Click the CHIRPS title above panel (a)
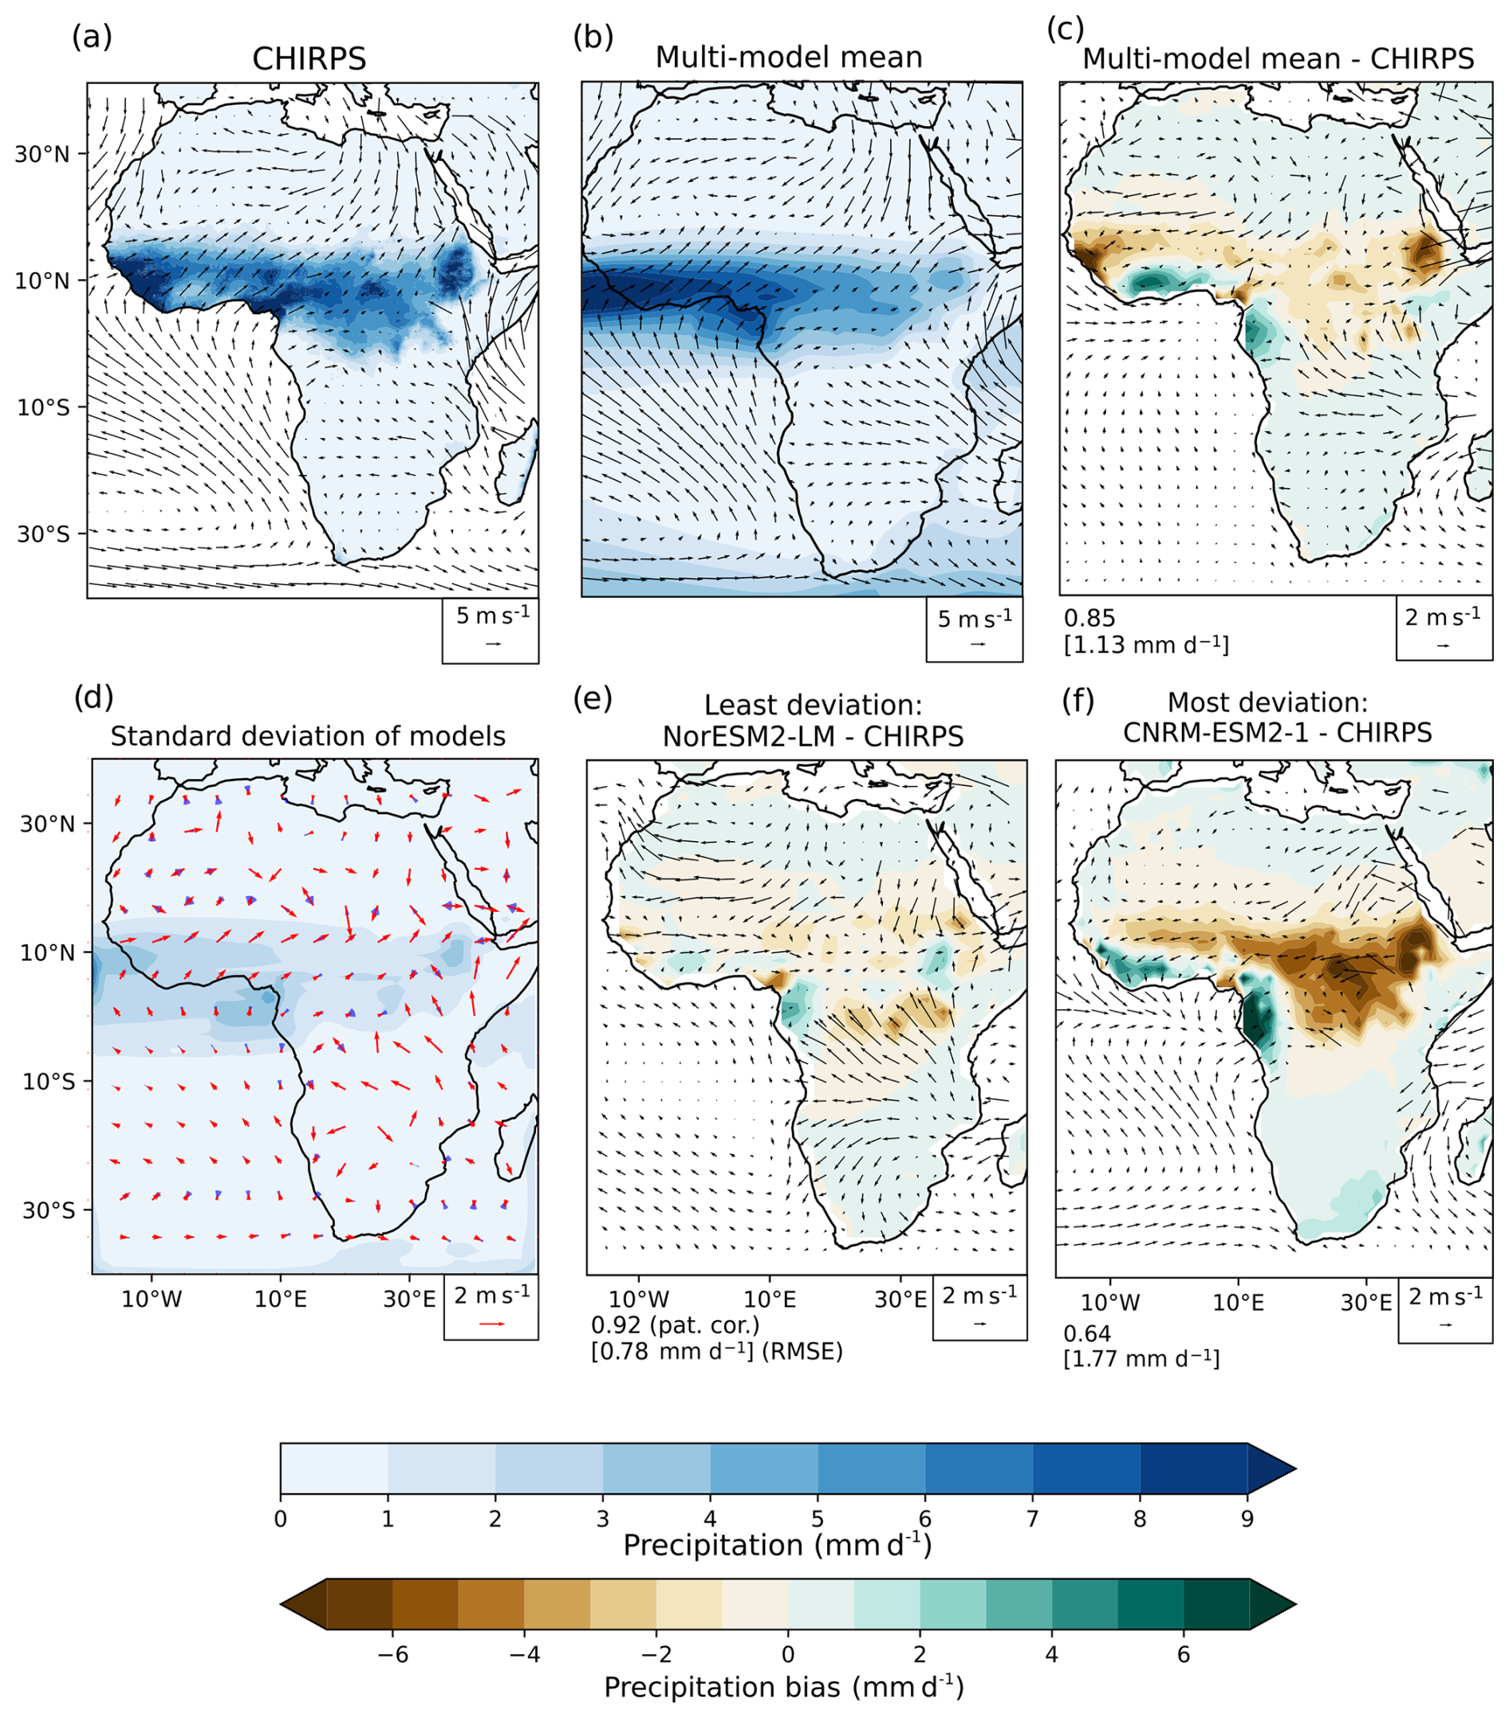coord(309,59)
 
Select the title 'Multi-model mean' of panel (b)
coord(789,57)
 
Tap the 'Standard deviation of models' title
coord(308,737)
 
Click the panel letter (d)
coord(93,697)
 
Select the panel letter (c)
coord(1065,29)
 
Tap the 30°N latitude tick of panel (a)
coord(42,154)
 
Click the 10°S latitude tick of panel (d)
coord(48,1082)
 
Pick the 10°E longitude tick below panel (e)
coord(770,1299)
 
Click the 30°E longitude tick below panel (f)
coord(1366,1303)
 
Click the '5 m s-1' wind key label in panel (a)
coord(493,615)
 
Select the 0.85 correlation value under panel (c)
coord(1089,619)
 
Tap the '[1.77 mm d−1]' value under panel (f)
coord(1141,1359)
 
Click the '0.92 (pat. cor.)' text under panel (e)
coord(675,1326)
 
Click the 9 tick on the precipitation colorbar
coord(1247,1519)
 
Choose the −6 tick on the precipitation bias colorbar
coord(392,1655)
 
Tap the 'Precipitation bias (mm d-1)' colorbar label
coord(783,1688)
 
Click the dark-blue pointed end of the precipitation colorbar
coord(1270,1470)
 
